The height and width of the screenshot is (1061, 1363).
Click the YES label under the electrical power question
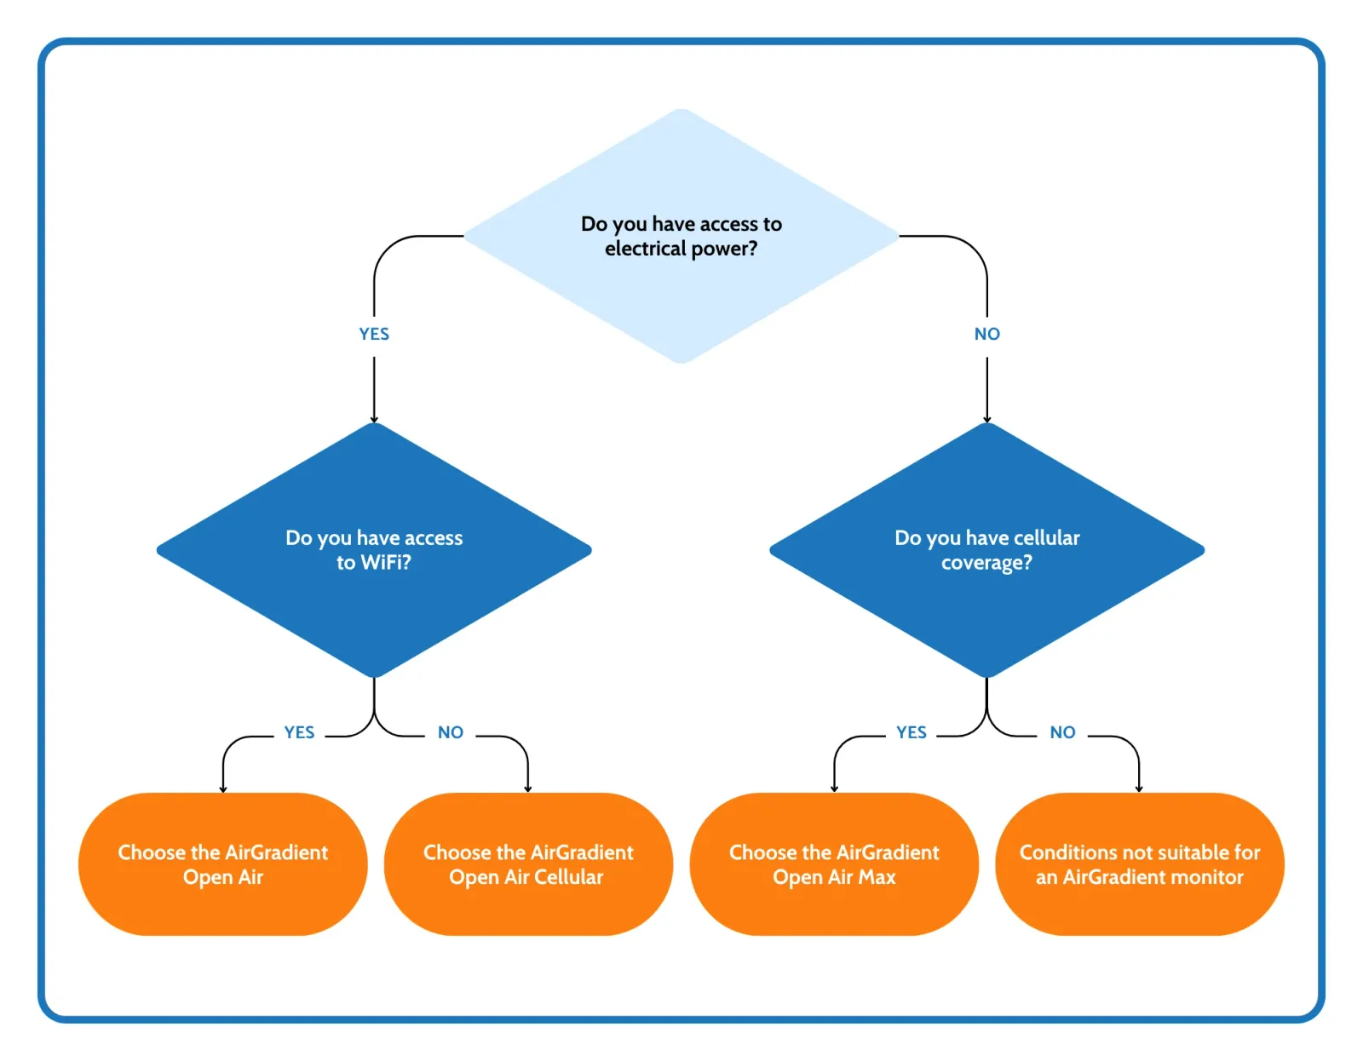click(374, 334)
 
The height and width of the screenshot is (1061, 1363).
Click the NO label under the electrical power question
click(986, 334)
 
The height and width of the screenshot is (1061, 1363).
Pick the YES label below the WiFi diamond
click(299, 732)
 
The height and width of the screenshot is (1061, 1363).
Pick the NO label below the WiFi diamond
click(450, 732)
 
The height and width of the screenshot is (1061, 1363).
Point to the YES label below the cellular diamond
click(911, 732)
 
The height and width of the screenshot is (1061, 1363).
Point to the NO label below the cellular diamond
click(1062, 732)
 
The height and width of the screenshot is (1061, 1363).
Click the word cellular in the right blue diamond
click(1047, 538)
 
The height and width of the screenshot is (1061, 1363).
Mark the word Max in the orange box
click(877, 877)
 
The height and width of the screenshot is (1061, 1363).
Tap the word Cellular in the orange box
click(568, 877)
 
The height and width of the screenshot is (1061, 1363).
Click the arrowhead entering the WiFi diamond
click(374, 419)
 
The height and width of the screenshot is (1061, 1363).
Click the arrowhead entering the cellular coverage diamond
click(986, 419)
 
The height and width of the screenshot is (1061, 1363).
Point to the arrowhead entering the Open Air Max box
click(834, 789)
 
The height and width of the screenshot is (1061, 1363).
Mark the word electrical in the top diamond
click(645, 249)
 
